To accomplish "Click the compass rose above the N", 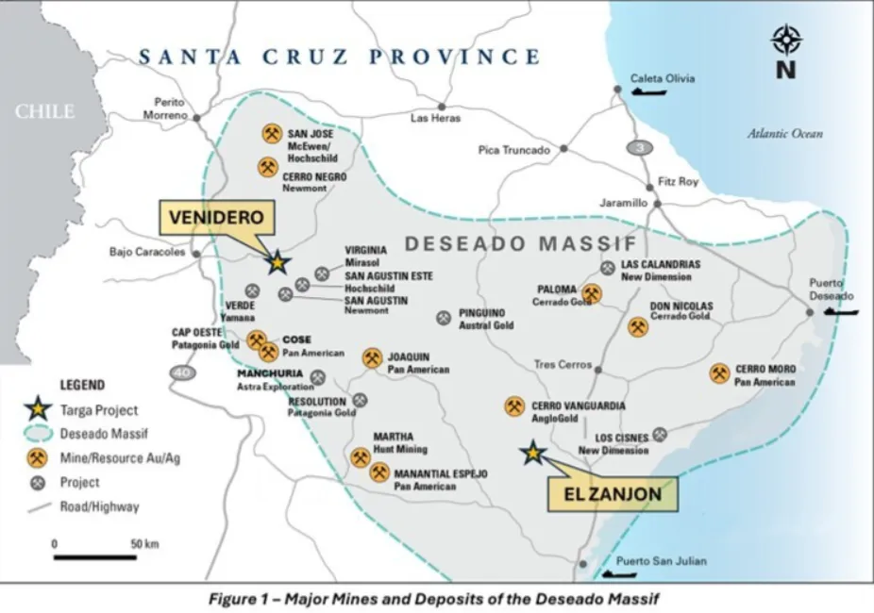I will pyautogui.click(x=786, y=40).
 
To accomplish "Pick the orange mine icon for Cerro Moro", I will pyautogui.click(x=719, y=373).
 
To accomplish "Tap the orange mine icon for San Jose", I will pyautogui.click(x=272, y=133).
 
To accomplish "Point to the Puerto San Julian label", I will pyautogui.click(x=661, y=561).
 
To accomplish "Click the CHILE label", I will pyautogui.click(x=43, y=111).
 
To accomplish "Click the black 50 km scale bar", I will pyautogui.click(x=94, y=556).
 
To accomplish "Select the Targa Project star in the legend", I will pyautogui.click(x=38, y=409).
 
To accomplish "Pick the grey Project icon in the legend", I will pyautogui.click(x=38, y=482).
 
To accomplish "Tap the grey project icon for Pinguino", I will pyautogui.click(x=443, y=318).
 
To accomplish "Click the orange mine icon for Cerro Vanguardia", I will pyautogui.click(x=514, y=406).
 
